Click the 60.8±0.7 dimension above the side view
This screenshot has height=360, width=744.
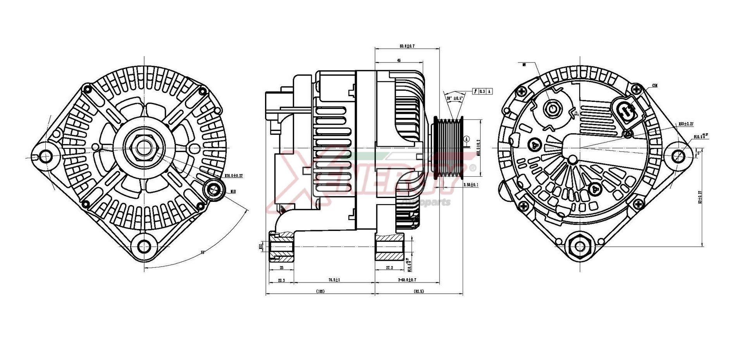tap(407, 46)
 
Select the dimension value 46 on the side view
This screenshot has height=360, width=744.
tap(399, 60)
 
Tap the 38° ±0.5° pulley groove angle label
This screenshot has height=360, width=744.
tap(454, 98)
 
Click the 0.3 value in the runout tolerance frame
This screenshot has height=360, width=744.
tap(482, 91)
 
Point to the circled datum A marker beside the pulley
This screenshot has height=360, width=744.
tap(467, 139)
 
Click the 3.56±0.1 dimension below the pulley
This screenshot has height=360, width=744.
tap(471, 185)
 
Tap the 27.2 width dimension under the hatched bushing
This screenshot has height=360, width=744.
tap(389, 267)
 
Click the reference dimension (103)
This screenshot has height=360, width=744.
tap(320, 291)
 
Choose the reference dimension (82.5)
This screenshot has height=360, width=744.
tap(418, 291)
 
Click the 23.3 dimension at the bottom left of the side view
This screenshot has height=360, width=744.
tap(281, 280)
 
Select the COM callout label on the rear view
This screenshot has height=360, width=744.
tap(655, 85)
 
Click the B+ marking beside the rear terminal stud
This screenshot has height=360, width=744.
tap(577, 113)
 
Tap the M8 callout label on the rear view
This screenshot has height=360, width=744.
tap(524, 65)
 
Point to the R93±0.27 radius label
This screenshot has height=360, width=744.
tap(686, 124)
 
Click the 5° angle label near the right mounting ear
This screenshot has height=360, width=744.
tap(699, 153)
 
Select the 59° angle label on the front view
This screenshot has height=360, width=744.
tap(203, 253)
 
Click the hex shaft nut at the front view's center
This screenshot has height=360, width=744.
tap(144, 147)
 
